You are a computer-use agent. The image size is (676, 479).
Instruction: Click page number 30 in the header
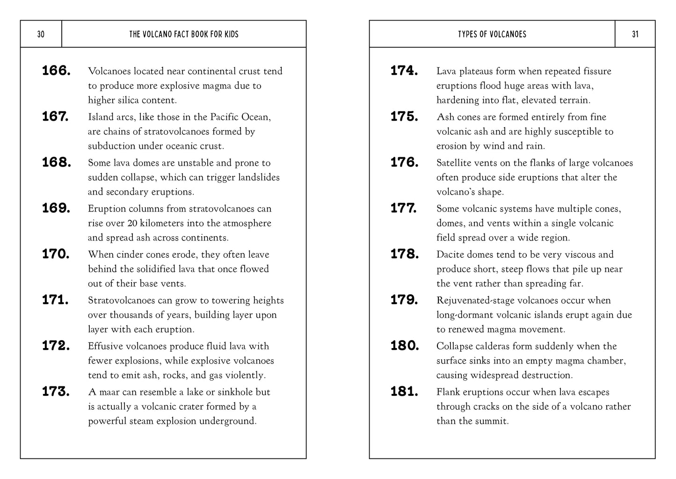(x=41, y=34)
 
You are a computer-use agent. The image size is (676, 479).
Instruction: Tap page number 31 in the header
(x=635, y=34)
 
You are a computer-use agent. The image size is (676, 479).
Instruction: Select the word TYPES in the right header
(x=467, y=34)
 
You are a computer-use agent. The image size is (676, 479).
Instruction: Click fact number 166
(x=56, y=71)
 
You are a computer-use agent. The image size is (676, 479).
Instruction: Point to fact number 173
(x=56, y=392)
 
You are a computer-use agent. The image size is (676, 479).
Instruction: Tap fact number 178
(x=404, y=254)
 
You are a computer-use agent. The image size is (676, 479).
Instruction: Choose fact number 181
(x=404, y=392)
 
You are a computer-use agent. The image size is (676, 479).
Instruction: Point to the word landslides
(x=259, y=177)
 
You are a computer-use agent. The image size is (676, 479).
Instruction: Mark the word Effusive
(x=106, y=346)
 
